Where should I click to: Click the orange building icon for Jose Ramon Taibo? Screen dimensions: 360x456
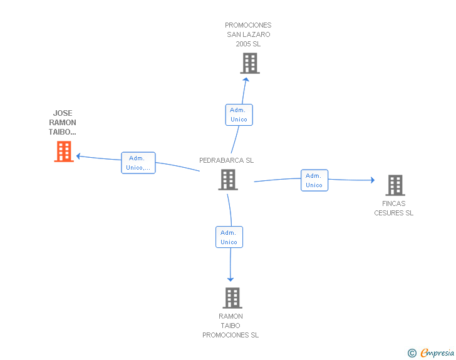point(64,152)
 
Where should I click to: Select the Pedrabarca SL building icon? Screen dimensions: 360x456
point(227,180)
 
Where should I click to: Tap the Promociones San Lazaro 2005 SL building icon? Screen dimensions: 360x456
point(249,63)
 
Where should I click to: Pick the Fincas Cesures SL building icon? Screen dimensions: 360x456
point(395,185)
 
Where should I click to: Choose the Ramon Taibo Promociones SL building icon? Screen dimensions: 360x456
point(232,298)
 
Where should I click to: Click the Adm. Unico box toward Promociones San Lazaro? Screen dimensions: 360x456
point(239,115)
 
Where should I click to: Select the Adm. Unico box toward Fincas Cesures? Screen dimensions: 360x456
point(314,180)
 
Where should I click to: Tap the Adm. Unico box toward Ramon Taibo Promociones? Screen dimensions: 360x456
point(229,237)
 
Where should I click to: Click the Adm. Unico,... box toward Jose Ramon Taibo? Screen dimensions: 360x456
point(138,163)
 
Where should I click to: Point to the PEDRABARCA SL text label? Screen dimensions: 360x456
point(226,160)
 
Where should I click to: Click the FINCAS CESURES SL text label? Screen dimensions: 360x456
point(394,208)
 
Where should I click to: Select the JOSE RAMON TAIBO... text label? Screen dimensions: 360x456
point(63,123)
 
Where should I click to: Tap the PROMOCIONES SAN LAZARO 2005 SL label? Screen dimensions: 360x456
point(248,34)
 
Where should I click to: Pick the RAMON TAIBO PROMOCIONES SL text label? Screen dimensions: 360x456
point(231,326)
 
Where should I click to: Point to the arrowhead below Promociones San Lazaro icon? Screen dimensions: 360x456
point(246,79)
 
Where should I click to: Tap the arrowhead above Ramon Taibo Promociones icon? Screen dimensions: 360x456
point(231,279)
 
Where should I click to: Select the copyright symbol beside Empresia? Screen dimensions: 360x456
point(412,353)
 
